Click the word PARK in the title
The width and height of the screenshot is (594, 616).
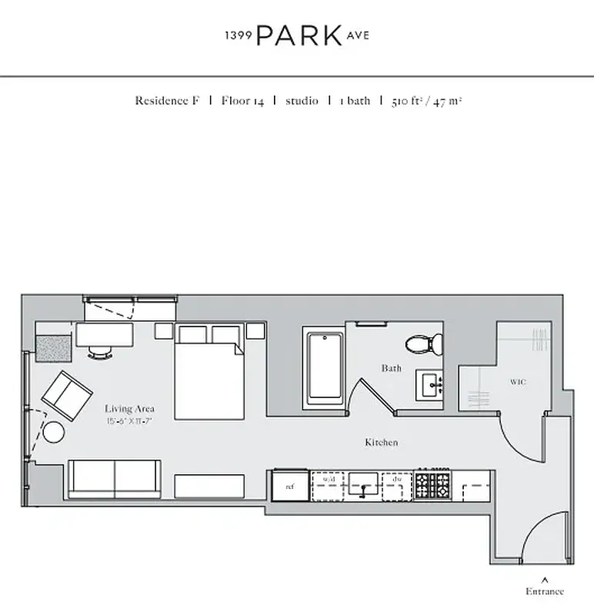click(299, 35)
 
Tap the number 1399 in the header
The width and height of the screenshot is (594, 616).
click(237, 36)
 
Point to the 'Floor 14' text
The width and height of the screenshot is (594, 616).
click(242, 101)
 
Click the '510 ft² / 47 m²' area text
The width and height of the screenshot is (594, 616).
click(426, 101)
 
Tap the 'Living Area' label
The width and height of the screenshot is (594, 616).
click(129, 409)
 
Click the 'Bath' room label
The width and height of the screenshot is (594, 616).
click(391, 368)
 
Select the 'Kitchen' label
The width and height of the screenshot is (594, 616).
click(381, 443)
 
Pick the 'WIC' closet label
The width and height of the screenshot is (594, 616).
click(518, 382)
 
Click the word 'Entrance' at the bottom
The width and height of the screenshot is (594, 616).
click(545, 591)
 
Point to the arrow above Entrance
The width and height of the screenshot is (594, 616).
click(545, 578)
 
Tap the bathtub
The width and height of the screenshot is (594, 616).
click(324, 367)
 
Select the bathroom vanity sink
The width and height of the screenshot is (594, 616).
click(430, 383)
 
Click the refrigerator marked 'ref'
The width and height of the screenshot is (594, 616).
click(290, 487)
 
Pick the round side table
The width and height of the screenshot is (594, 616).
click(54, 433)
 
